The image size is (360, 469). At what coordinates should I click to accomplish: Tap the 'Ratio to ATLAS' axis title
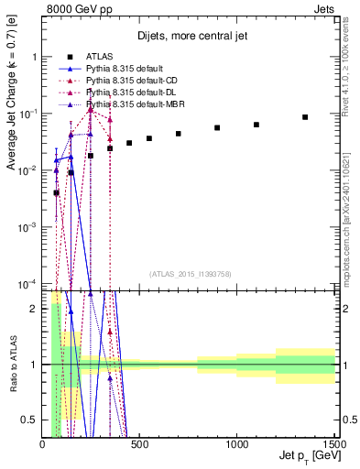pos(13,365)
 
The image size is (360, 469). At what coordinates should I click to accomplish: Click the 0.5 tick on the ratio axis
pos(34,420)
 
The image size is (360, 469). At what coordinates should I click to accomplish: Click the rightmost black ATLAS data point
pos(305,117)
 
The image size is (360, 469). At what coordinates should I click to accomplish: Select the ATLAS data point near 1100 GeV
pos(256,125)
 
